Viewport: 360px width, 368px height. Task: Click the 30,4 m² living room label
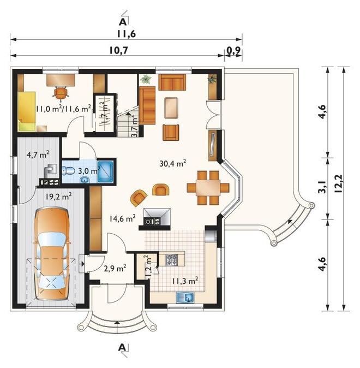173,163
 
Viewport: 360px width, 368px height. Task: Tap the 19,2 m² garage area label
58,197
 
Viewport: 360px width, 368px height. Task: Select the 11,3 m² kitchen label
185,281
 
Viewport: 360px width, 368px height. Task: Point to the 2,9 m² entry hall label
115,268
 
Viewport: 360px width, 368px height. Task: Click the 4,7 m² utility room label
38,155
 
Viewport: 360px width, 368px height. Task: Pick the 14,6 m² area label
122,219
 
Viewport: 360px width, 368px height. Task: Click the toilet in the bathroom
68,170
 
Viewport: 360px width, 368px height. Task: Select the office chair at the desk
61,92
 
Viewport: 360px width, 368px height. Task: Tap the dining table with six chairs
208,187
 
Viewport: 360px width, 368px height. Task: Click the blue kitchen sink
185,298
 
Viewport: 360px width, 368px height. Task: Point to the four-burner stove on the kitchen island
172,260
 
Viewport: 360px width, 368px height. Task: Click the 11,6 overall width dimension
127,34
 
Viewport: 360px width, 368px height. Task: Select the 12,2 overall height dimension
339,183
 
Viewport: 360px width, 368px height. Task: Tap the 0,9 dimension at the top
233,50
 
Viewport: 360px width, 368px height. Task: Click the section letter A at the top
123,22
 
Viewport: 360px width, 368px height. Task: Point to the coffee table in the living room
171,108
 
